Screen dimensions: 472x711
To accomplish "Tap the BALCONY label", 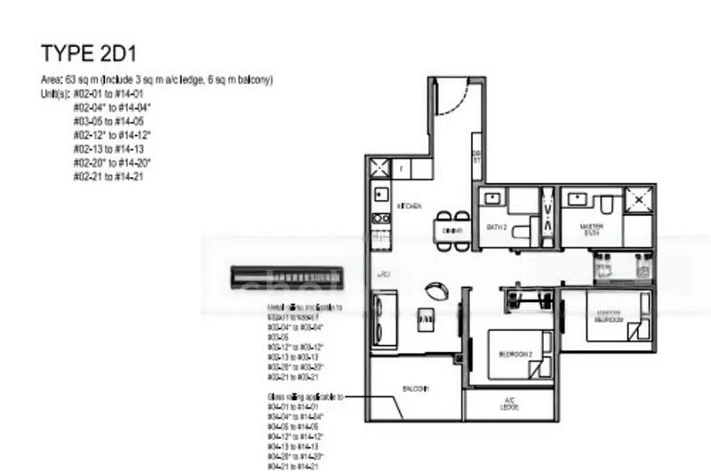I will (x=415, y=389).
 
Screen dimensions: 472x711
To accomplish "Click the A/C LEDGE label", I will (x=509, y=404).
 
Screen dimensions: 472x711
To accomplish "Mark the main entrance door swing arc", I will (x=453, y=99).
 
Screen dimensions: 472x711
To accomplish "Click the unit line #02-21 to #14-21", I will (x=108, y=177).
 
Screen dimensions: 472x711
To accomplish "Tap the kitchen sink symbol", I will (x=380, y=194).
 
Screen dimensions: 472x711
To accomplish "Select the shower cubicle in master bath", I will (x=637, y=200).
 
